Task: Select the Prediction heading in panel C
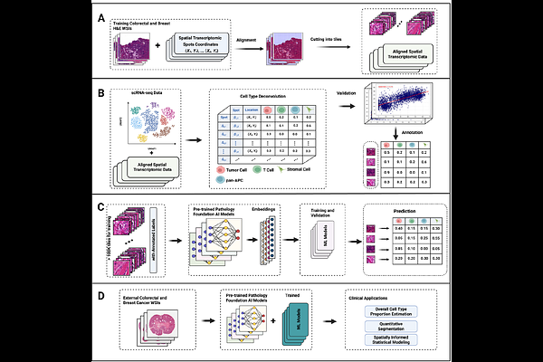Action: click(405, 216)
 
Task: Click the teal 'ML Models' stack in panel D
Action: click(306, 327)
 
